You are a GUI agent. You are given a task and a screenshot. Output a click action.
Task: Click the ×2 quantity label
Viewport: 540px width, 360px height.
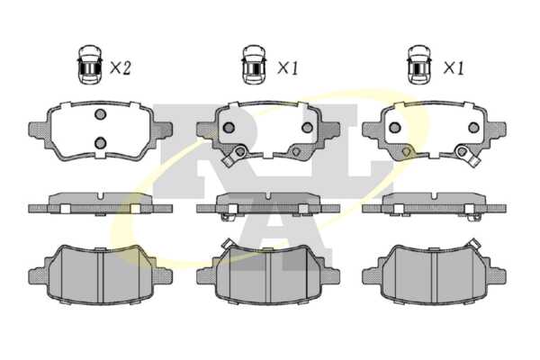[121, 67]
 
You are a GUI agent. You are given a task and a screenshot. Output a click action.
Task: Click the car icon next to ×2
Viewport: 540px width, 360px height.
[90, 65]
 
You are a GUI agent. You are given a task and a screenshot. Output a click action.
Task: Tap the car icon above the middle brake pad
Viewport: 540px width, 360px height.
[255, 65]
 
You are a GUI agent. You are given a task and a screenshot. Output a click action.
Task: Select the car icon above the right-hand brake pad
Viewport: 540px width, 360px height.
[419, 65]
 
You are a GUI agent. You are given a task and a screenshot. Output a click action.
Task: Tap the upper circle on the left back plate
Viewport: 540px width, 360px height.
[100, 114]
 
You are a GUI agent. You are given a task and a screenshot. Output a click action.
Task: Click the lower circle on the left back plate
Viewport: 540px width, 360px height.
[100, 142]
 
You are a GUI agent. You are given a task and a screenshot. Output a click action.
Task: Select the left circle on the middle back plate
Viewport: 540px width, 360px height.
[229, 128]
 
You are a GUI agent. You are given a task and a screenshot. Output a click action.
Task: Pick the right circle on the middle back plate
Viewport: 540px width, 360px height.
[307, 128]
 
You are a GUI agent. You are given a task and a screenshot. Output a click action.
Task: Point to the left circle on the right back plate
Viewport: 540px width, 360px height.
[395, 128]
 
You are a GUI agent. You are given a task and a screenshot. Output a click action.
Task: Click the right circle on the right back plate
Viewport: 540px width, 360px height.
[474, 128]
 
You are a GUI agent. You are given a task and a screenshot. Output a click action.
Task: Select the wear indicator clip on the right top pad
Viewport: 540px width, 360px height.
[467, 156]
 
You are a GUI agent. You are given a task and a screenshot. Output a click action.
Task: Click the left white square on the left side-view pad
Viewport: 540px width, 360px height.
[65, 209]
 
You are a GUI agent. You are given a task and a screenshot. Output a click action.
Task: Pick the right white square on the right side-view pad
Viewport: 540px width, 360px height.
[469, 209]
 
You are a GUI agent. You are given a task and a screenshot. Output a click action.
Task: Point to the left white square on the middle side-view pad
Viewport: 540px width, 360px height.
[232, 209]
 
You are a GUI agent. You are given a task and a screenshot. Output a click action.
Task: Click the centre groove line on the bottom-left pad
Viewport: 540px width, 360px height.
[101, 276]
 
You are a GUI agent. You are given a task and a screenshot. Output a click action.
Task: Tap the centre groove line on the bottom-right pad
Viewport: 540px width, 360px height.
[434, 276]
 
